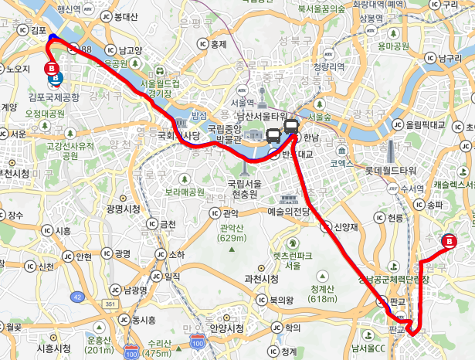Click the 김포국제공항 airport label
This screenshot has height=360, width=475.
pos(53,97)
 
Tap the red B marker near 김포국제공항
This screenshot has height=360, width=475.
pos(52,69)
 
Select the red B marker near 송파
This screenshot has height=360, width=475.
pos(450,242)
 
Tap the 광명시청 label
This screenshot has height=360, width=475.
pos(123,209)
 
